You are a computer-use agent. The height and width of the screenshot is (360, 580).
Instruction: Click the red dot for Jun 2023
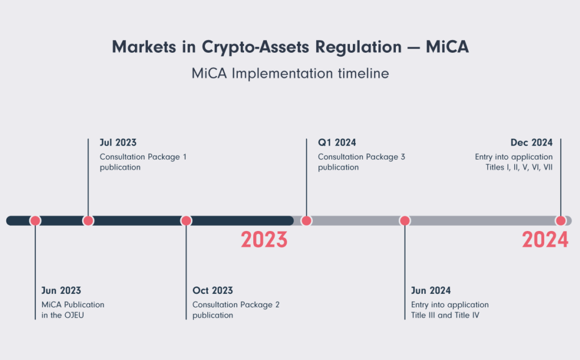(35, 221)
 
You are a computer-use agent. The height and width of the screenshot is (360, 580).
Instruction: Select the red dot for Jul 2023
(88, 221)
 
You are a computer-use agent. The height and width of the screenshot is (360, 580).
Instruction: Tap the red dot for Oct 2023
(186, 221)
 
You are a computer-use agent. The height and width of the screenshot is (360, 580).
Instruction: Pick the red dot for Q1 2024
(306, 221)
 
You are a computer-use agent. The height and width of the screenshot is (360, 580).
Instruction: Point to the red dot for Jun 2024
(404, 221)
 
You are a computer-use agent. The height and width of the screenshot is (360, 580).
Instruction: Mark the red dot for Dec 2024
(561, 221)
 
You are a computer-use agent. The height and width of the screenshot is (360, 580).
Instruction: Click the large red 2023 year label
(264, 239)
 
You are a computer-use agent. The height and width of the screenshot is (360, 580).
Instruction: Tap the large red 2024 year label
(545, 239)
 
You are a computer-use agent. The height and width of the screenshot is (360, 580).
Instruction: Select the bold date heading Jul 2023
(118, 143)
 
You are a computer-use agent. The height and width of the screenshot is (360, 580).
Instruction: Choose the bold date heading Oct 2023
(213, 290)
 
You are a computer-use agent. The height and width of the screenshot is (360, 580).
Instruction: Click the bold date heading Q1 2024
(337, 143)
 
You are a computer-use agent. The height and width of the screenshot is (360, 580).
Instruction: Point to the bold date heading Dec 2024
(531, 143)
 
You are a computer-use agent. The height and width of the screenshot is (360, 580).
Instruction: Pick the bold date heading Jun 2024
(431, 290)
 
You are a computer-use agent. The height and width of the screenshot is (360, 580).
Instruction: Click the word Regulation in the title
(358, 47)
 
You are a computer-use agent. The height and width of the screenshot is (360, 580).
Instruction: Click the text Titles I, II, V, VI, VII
(519, 168)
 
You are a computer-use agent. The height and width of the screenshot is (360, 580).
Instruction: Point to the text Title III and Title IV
(445, 315)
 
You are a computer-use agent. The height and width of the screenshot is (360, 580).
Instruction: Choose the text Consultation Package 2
(236, 305)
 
